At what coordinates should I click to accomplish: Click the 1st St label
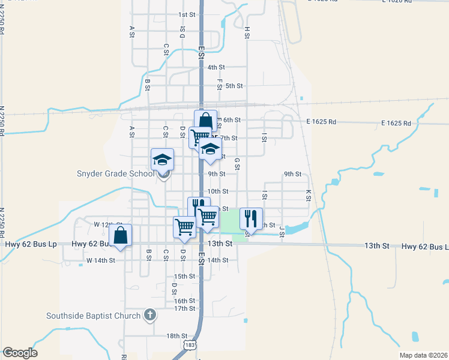coord(187,14)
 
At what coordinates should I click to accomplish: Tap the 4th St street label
coord(216,67)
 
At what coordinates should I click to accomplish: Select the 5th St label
coord(234,86)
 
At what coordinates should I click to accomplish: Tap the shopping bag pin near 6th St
coord(205,121)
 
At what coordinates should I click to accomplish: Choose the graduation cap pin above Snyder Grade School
coord(162,160)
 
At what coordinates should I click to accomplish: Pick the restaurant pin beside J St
coord(251,218)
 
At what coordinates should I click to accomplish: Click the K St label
coord(309,195)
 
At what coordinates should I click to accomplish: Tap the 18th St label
coord(177,336)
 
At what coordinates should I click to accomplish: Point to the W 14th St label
coord(100,260)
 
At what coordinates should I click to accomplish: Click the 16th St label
coord(184,301)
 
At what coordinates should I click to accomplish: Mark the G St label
coord(238,163)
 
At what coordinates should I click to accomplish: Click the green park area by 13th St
coord(231,225)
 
